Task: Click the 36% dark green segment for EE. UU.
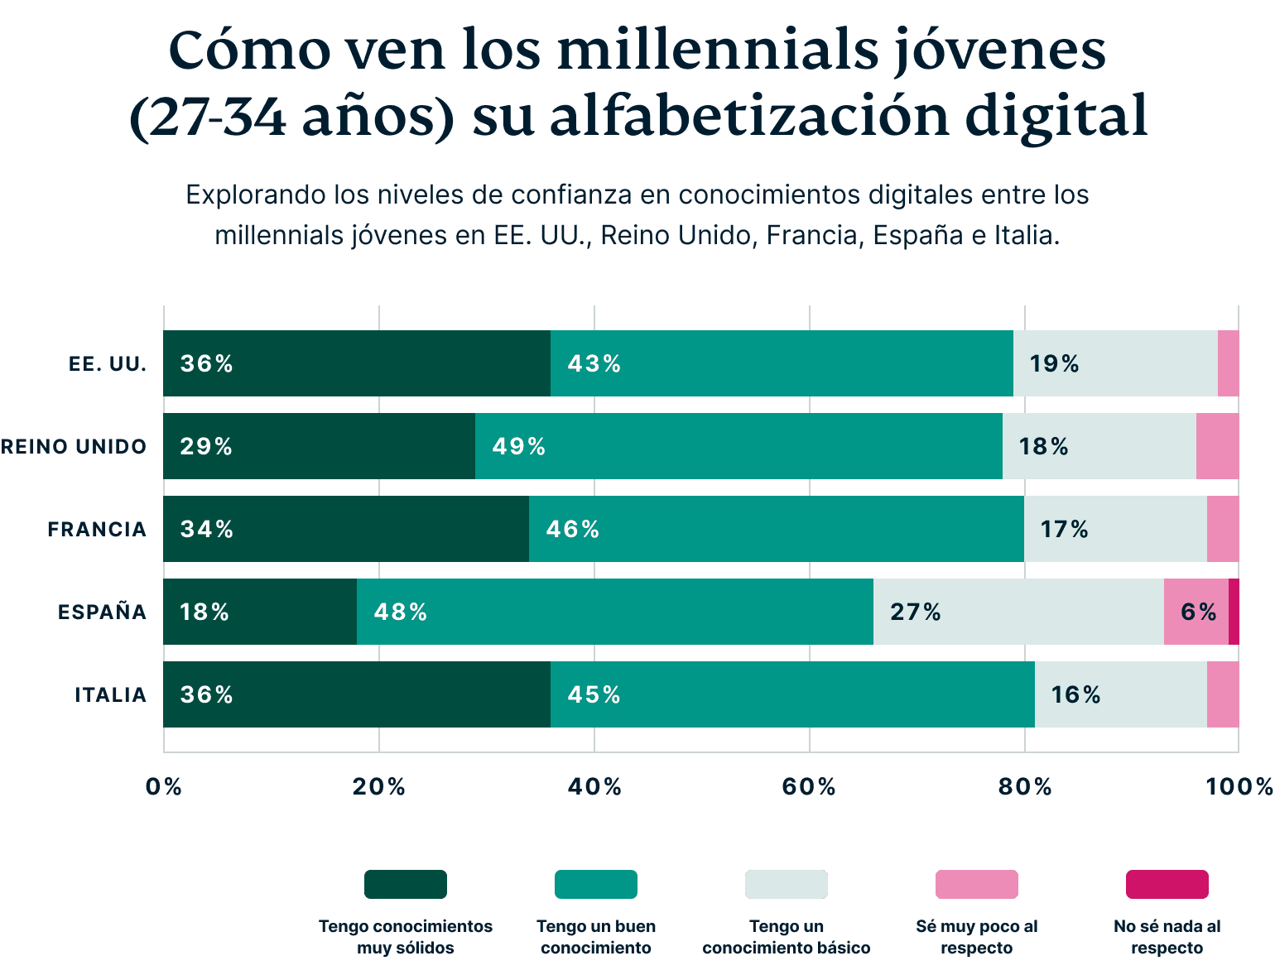point(356,363)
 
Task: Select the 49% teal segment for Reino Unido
point(739,446)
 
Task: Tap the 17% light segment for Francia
point(1115,529)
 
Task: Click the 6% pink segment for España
point(1196,612)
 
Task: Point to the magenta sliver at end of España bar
point(1234,612)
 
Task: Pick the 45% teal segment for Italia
point(792,694)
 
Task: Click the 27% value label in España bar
point(915,612)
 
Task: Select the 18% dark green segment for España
point(260,612)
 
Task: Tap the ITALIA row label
point(111,694)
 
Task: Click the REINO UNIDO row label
point(74,446)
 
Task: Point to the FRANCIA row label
point(97,529)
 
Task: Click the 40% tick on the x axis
point(594,786)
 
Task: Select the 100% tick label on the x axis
point(1239,786)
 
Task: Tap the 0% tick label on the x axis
point(163,786)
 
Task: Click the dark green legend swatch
point(406,884)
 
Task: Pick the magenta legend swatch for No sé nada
point(1167,884)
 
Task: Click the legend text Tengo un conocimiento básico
point(786,937)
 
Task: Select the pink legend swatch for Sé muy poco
point(976,884)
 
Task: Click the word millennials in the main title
point(717,51)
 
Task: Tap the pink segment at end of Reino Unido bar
point(1217,446)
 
